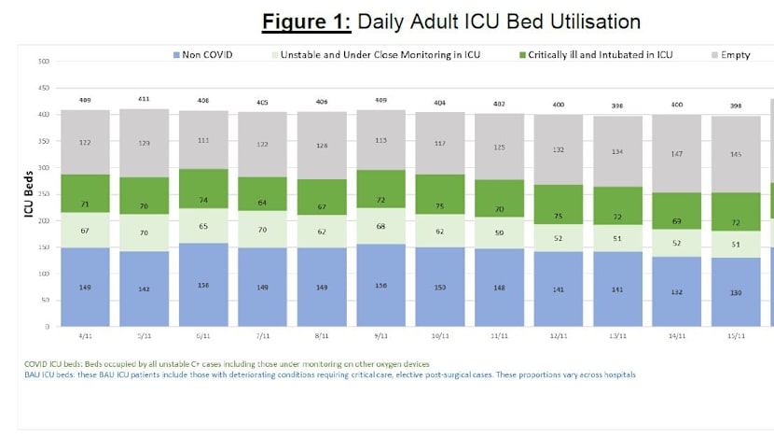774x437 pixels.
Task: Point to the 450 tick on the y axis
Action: [x=43, y=89]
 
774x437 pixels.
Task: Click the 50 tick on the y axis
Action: [x=45, y=301]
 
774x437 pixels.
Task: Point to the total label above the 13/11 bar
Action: [x=616, y=106]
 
